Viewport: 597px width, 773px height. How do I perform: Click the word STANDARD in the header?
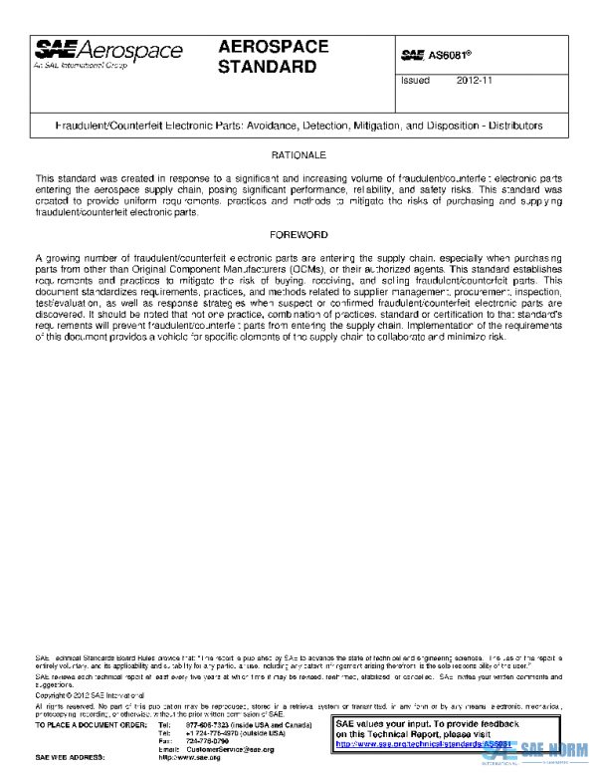(267, 68)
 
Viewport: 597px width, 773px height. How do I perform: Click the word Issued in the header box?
(414, 81)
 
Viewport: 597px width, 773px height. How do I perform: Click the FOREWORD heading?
(298, 234)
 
